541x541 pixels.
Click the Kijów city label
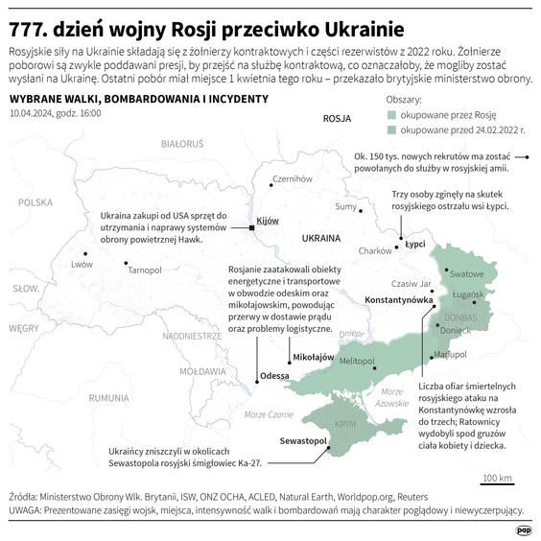click(269, 221)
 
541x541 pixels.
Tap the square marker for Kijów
click(251, 227)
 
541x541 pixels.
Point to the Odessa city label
click(274, 375)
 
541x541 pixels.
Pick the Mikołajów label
click(313, 356)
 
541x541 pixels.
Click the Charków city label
click(374, 250)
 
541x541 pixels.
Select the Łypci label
click(414, 244)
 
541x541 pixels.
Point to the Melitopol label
click(355, 360)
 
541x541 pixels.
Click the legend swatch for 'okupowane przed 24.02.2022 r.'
click(391, 128)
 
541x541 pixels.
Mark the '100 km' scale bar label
click(497, 477)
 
